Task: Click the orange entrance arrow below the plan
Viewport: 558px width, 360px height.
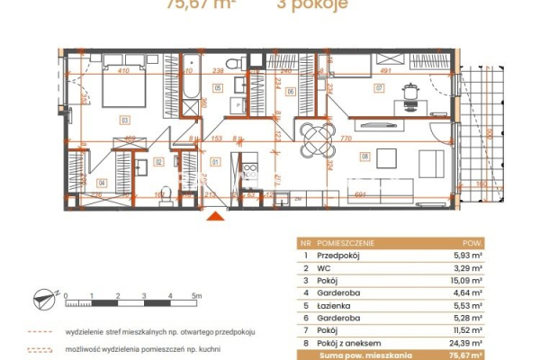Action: [215, 215]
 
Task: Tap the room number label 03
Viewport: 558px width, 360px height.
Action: [125, 118]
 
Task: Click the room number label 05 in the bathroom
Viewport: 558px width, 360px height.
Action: [217, 87]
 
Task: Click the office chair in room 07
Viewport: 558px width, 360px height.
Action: [410, 91]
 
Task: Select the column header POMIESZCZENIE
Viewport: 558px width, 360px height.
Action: [346, 243]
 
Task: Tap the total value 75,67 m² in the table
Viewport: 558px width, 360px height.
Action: [467, 355]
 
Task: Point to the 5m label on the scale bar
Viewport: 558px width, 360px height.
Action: [196, 295]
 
